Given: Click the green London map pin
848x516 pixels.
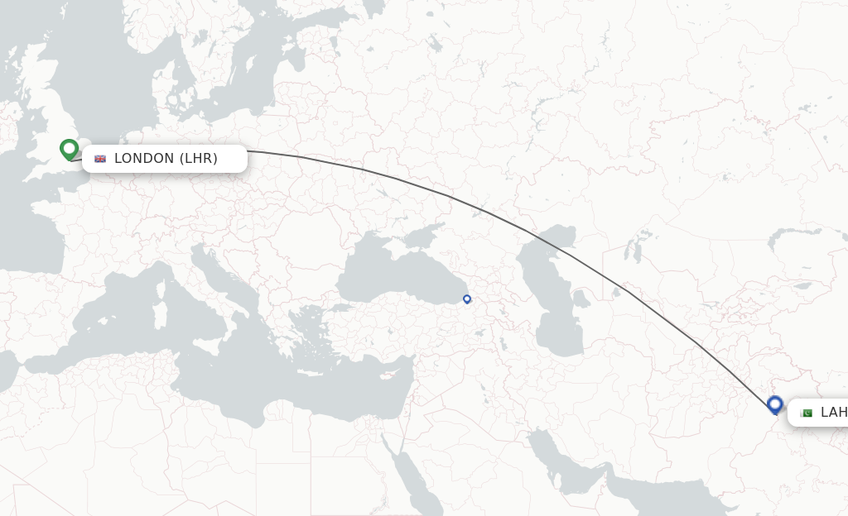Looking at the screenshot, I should tap(69, 149).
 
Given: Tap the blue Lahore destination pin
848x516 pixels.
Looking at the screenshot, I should tap(775, 404).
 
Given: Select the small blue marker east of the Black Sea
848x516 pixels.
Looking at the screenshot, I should tap(467, 299).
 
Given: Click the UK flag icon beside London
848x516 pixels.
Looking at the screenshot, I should tap(100, 159).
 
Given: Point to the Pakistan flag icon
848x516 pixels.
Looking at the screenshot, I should tap(807, 413).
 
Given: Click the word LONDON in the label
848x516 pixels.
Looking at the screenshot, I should tap(144, 159).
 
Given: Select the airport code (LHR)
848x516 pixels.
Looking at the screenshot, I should tap(199, 159).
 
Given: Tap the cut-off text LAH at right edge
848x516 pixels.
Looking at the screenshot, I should tap(833, 413).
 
